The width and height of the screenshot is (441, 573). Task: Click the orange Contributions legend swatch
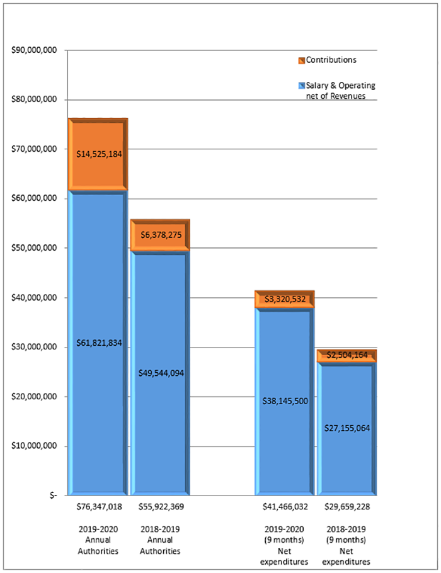pos(302,60)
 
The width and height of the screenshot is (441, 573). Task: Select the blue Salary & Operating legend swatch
pos(302,85)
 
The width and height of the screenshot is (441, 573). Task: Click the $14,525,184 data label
pos(100,154)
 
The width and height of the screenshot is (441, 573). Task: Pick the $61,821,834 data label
pos(100,343)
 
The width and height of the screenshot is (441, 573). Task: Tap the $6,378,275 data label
pos(160,235)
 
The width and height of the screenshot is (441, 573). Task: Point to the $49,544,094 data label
pos(160,372)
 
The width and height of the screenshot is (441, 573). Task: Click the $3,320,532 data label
pos(285,299)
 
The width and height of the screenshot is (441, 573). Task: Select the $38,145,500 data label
pos(285,400)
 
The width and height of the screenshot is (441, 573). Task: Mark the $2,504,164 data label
pos(346,355)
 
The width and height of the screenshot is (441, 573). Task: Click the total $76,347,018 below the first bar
pos(100,506)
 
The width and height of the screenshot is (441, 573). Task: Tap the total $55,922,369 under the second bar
pos(160,506)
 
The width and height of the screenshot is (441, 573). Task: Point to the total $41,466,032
pos(285,506)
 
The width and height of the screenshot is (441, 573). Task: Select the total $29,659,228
pos(346,506)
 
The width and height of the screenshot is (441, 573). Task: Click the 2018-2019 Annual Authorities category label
pos(160,539)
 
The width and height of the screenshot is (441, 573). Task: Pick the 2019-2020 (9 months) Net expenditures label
pos(285,544)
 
